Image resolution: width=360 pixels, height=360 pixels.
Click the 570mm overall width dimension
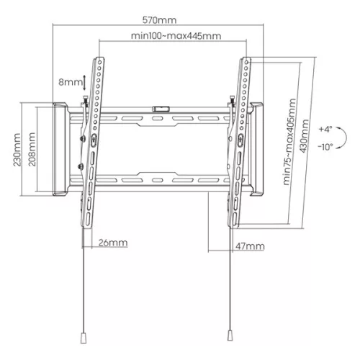pos(159,20)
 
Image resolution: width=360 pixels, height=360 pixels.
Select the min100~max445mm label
pos(175,35)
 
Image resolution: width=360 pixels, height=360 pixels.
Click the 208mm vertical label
pos(32,150)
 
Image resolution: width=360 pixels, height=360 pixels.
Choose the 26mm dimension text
pos(114,243)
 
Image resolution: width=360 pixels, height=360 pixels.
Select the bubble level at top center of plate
pos(159,109)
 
